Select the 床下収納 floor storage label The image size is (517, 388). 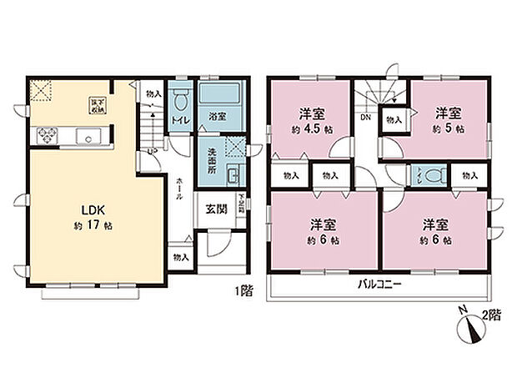(x=96, y=105)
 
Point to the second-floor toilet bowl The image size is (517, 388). (x=428, y=175)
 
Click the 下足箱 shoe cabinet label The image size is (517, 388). (x=241, y=204)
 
